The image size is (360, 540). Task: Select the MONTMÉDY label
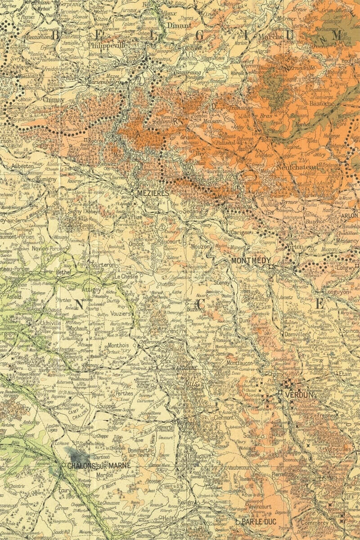(x=251, y=261)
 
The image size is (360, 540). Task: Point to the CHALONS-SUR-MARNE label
(x=99, y=465)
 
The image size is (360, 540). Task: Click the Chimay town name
(x=54, y=99)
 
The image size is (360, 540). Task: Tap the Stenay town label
(x=222, y=283)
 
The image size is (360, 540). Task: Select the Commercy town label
(x=315, y=523)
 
